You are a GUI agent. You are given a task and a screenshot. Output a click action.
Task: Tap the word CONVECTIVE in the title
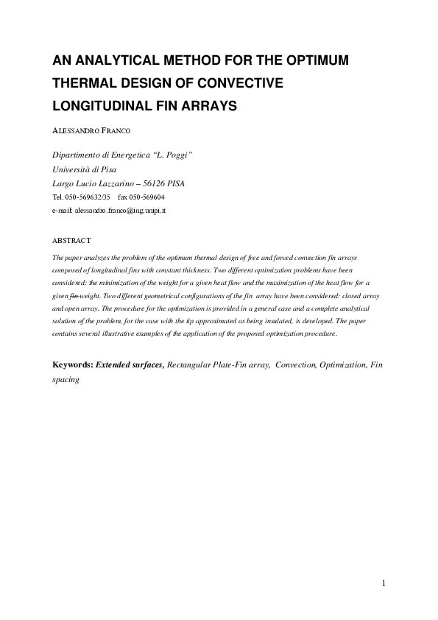(244, 83)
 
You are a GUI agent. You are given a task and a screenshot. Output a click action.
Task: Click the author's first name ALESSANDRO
(73, 130)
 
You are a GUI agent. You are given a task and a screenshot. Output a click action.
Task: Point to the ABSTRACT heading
(71, 241)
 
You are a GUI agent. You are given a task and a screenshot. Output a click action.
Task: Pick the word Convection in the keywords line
(295, 365)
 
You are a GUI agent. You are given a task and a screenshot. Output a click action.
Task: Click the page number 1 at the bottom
(384, 585)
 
